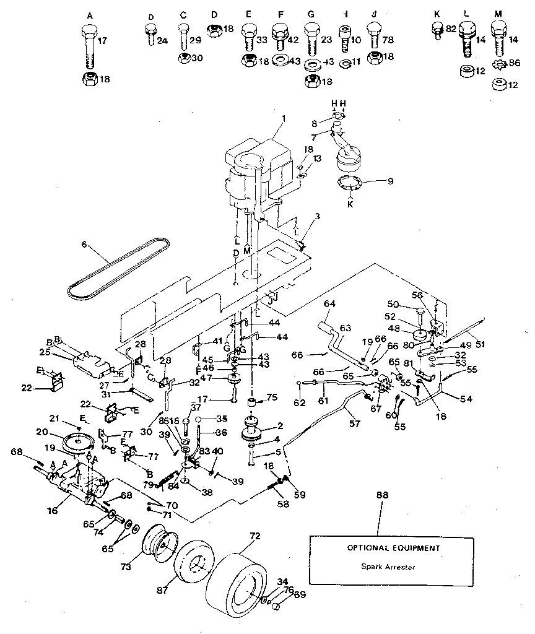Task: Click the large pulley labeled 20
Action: pos(79,441)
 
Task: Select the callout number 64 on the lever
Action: pos(329,303)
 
